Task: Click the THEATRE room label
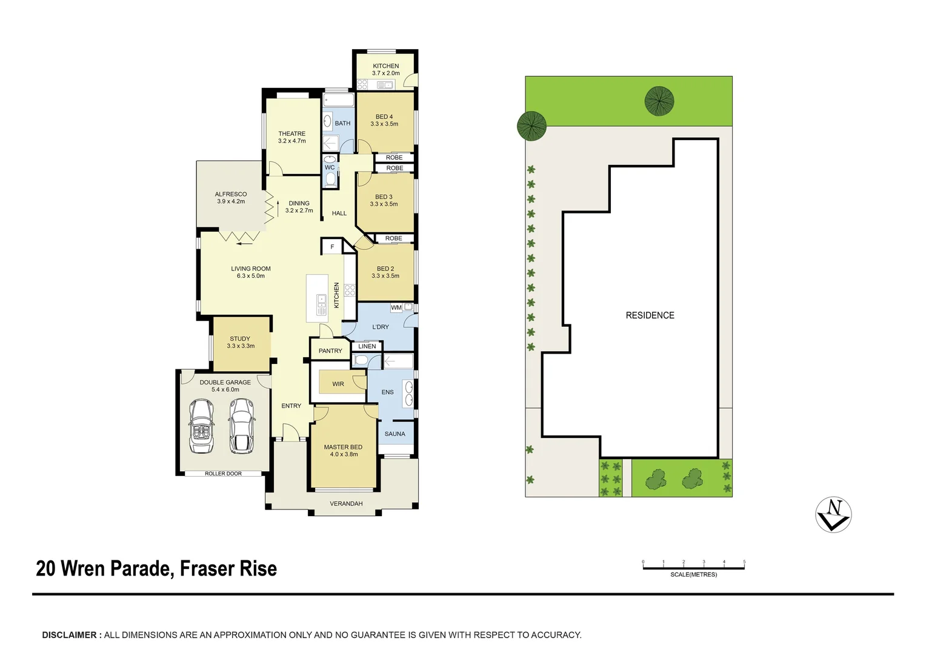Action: [291, 134]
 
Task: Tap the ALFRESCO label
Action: [231, 195]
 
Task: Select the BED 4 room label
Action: [384, 117]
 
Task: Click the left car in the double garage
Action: [201, 426]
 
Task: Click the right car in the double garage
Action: [242, 426]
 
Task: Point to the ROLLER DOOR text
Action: [223, 474]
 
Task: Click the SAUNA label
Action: [395, 434]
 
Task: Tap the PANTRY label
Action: [330, 351]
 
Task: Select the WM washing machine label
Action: [396, 308]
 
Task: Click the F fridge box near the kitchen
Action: [332, 247]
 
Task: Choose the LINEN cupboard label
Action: [367, 347]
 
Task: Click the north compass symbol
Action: [833, 515]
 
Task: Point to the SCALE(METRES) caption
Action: [693, 574]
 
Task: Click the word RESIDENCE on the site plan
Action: [650, 315]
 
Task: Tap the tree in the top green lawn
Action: [659, 101]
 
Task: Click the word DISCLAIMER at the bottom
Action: [69, 635]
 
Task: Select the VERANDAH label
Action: [346, 504]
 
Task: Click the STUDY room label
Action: [240, 339]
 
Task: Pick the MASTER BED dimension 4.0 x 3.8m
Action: [344, 454]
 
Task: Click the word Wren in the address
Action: [86, 569]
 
